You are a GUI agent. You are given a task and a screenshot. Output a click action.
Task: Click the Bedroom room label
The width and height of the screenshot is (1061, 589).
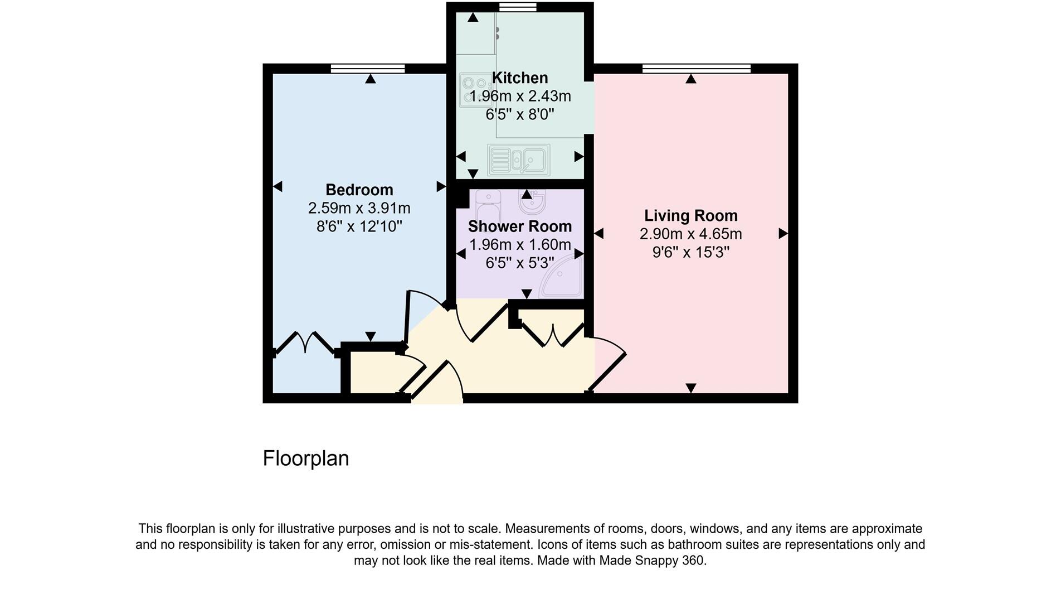point(359,190)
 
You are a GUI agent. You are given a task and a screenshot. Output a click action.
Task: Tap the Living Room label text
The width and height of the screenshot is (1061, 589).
point(690,215)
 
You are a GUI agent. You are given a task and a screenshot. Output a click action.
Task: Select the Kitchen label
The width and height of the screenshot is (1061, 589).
point(519,78)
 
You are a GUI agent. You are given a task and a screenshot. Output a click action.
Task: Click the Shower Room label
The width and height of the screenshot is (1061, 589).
point(519,226)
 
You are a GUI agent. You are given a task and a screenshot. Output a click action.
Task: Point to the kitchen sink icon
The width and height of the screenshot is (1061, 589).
point(518,160)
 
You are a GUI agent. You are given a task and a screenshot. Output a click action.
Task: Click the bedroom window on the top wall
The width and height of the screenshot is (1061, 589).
point(368,69)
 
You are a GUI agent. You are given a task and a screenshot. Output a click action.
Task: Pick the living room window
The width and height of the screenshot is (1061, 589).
point(696,69)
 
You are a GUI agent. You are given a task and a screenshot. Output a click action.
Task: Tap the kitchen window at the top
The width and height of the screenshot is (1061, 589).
point(518,7)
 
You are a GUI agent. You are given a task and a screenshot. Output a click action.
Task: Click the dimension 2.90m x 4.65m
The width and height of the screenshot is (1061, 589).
point(690,234)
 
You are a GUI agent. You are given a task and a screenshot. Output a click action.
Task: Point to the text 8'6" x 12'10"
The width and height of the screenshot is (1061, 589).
point(359,226)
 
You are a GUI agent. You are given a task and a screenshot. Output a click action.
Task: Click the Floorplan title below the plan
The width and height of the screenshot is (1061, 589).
point(305,458)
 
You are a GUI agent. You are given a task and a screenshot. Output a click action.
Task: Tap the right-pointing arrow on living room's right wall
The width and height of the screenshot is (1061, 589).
point(783,234)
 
